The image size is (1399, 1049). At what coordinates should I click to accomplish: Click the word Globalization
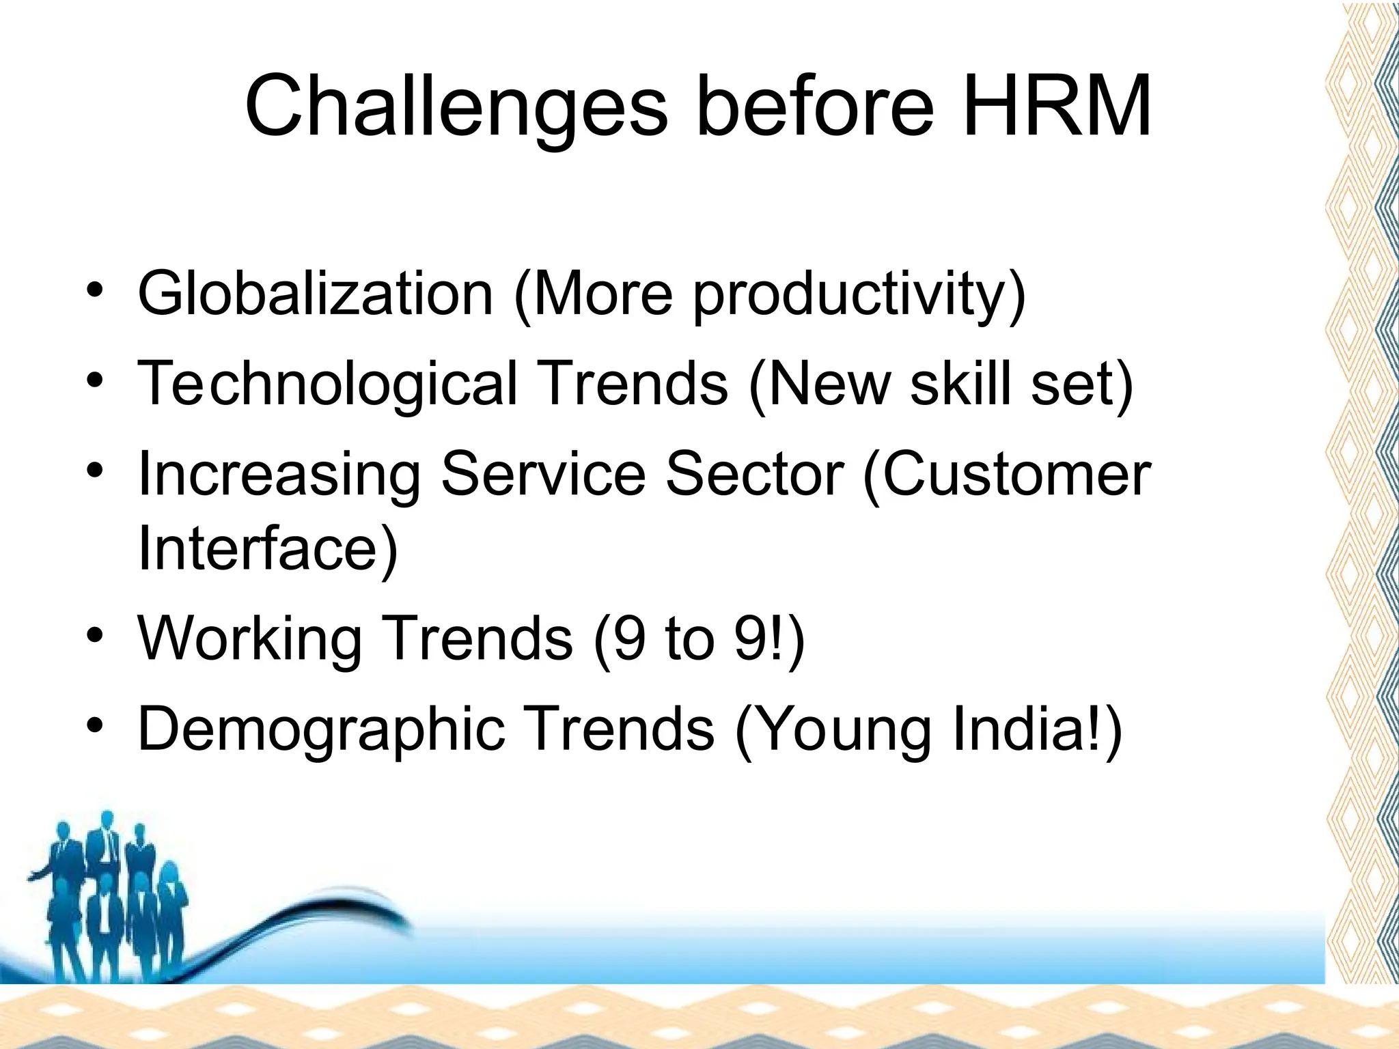315,294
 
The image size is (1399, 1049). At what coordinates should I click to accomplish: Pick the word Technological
327,383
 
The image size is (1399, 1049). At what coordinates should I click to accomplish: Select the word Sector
755,474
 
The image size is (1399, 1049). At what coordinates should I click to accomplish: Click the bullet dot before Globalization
95,290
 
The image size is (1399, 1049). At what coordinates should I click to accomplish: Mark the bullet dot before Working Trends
95,635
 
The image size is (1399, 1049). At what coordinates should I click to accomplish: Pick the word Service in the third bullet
543,474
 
